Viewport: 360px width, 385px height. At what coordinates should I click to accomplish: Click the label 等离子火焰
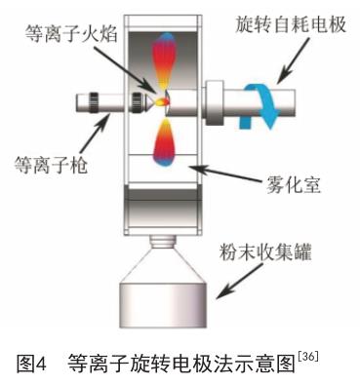pyautogui.click(x=71, y=34)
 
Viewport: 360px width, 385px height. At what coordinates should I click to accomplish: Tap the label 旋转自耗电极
pyautogui.click(x=290, y=24)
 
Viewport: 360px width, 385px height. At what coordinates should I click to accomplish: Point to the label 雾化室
pyautogui.click(x=294, y=185)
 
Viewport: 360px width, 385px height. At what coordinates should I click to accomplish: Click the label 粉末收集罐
pyautogui.click(x=265, y=252)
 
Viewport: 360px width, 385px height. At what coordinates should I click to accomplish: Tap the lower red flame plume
pyautogui.click(x=165, y=142)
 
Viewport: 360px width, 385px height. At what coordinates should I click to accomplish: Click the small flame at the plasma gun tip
pyautogui.click(x=162, y=102)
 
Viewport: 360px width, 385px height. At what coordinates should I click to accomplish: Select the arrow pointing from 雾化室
pyautogui.click(x=227, y=173)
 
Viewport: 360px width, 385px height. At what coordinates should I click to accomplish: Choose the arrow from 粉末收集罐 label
pyautogui.click(x=239, y=281)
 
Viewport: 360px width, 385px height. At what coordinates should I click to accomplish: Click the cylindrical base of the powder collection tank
pyautogui.click(x=163, y=305)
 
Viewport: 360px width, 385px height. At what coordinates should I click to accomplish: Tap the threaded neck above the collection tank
pyautogui.click(x=163, y=241)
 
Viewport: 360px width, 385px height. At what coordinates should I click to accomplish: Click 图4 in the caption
pyautogui.click(x=31, y=364)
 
